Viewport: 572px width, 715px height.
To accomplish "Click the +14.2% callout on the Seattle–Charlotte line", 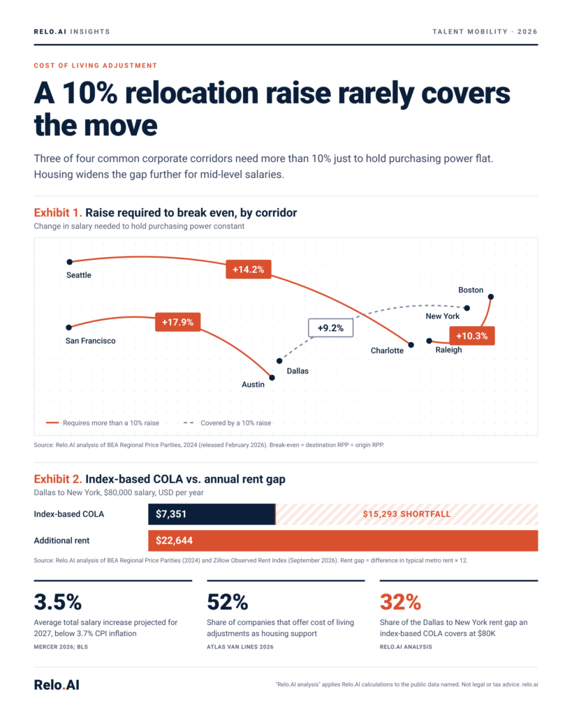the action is coord(249,270).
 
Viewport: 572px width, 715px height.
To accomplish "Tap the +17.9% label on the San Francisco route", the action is coord(178,322).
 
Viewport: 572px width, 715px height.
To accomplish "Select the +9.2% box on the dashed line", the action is coord(331,328).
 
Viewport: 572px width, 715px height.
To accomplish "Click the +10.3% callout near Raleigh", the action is coord(472,336).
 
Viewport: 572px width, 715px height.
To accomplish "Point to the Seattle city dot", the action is coord(69,262).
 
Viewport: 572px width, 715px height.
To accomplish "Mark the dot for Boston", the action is coord(491,297).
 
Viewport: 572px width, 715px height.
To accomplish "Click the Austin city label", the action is coord(253,385).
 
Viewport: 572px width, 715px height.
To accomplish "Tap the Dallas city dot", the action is coord(279,361).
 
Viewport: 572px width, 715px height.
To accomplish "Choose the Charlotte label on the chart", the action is coord(387,351).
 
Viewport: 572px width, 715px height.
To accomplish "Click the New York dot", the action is coord(467,308).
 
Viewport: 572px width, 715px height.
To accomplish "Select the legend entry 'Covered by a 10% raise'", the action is coord(227,423).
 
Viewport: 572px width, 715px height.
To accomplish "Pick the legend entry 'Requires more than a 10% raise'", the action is coord(103,423).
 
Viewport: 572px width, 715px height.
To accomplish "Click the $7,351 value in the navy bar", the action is coord(171,515).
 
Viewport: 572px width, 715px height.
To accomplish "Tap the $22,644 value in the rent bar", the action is coord(174,541).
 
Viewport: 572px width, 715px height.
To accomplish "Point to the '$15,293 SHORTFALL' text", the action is coord(407,515).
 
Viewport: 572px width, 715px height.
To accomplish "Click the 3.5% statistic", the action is coord(58,602).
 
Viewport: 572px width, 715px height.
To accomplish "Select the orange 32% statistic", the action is coord(400,602).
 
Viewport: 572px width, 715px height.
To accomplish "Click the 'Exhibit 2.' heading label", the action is coord(58,479).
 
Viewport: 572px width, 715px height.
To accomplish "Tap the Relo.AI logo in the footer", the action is coord(57,685).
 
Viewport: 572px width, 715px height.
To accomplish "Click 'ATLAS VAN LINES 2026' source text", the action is coord(240,647).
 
